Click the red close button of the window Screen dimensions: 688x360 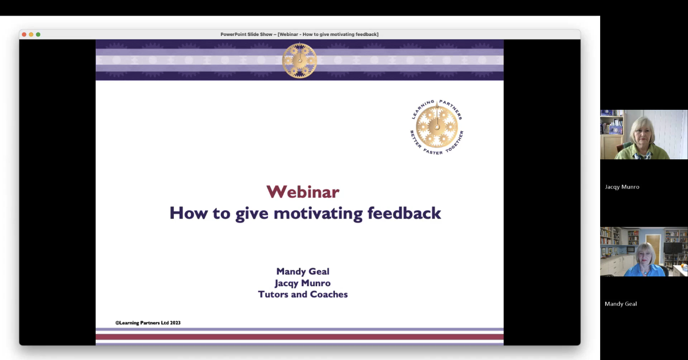(24, 34)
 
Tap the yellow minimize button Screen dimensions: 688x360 (31, 34)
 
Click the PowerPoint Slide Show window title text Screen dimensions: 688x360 (300, 34)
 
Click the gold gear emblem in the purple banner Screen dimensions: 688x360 (300, 60)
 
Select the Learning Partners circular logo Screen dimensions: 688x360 (437, 127)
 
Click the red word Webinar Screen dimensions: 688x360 (303, 192)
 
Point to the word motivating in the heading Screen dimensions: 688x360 (318, 213)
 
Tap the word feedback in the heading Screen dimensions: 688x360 (404, 213)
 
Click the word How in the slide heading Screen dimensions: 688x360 (188, 213)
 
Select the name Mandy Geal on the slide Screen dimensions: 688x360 (303, 272)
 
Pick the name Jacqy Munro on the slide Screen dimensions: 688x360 (302, 283)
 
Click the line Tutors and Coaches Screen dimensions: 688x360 (303, 294)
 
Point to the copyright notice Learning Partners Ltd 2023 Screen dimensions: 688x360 (148, 323)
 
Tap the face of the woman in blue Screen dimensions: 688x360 (644, 256)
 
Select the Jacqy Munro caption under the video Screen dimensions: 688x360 (622, 187)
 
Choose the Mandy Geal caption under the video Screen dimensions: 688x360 (621, 304)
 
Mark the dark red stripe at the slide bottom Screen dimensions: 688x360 (300, 337)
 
